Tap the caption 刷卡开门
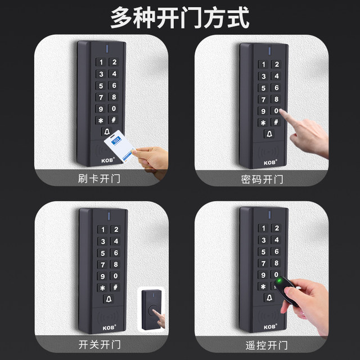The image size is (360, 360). [101, 180]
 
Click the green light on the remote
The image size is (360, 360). [277, 280]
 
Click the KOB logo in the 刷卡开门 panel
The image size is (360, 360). [107, 159]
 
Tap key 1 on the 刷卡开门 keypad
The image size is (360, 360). [101, 64]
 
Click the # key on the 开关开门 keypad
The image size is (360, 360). [115, 287]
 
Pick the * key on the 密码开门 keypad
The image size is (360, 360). [263, 122]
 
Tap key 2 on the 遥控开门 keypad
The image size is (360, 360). [276, 228]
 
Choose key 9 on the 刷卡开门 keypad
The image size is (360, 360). [101, 109]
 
